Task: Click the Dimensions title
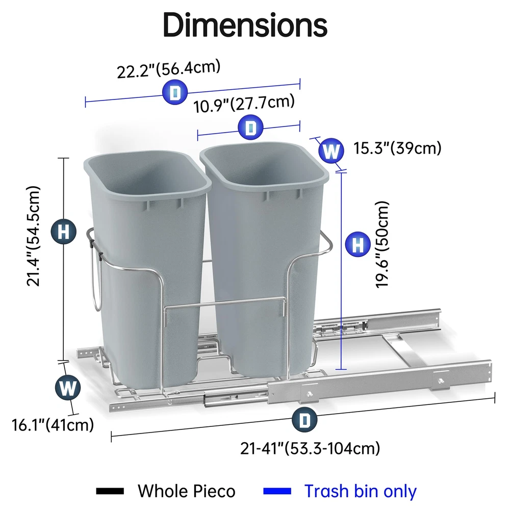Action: click(245, 24)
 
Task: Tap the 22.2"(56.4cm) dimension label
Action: click(168, 69)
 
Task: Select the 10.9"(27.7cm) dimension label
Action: click(244, 104)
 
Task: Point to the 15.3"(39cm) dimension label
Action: click(397, 148)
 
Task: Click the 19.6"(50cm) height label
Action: click(382, 244)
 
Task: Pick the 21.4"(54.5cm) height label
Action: click(33, 236)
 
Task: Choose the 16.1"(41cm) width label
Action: click(53, 425)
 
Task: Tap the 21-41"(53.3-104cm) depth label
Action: click(310, 448)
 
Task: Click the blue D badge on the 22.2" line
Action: click(175, 92)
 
